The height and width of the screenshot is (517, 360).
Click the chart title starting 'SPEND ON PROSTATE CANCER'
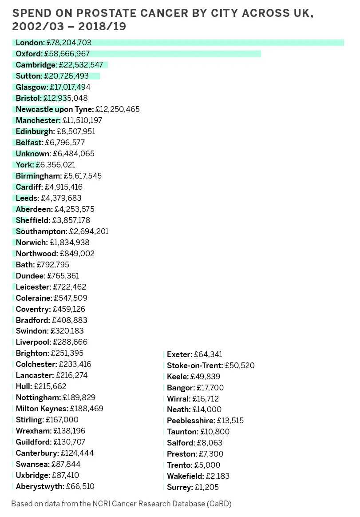[163, 20]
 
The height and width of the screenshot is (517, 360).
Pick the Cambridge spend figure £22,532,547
[81, 65]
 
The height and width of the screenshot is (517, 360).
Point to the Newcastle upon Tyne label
[55, 109]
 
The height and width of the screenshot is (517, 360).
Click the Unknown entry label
[33, 154]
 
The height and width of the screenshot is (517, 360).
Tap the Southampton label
[42, 231]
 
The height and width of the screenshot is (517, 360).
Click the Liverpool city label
[34, 342]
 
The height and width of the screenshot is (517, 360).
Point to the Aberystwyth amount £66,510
[80, 486]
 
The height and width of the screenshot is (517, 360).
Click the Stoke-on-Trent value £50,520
[240, 366]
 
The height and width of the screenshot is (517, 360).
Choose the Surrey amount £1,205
[206, 487]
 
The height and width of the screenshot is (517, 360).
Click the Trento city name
[179, 465]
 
